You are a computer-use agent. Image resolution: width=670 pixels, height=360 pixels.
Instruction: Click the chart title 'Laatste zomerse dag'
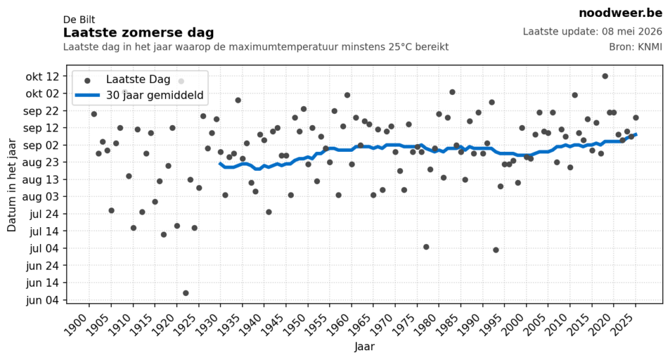point(139,33)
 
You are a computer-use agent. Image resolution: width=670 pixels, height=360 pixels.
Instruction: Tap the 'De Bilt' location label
point(79,20)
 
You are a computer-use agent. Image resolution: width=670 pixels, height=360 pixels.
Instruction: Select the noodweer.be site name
point(620,13)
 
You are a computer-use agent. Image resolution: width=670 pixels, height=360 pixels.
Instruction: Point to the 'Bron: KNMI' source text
point(635,47)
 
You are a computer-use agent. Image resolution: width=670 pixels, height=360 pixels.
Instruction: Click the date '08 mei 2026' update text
point(632,31)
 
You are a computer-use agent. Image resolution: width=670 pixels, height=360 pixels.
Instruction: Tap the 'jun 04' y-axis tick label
point(43,300)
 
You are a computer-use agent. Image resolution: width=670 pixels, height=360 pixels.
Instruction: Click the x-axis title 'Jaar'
point(364,346)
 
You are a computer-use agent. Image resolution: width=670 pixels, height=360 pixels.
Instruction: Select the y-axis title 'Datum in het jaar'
point(12,185)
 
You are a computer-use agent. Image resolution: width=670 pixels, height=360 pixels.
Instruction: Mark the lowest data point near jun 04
point(186,293)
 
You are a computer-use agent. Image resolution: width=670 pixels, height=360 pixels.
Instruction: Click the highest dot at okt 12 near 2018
point(605,76)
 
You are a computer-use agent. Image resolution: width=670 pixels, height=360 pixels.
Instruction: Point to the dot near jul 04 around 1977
point(426,247)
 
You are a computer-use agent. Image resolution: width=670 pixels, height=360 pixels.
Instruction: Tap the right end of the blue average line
point(636,135)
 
